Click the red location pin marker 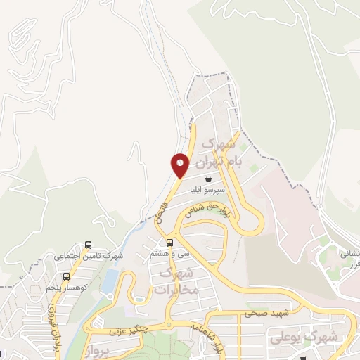point(181,165)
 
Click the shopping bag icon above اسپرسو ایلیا point(207,179)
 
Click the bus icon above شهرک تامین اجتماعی point(87,245)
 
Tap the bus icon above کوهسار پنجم point(66,276)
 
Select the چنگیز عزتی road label point(126,330)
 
